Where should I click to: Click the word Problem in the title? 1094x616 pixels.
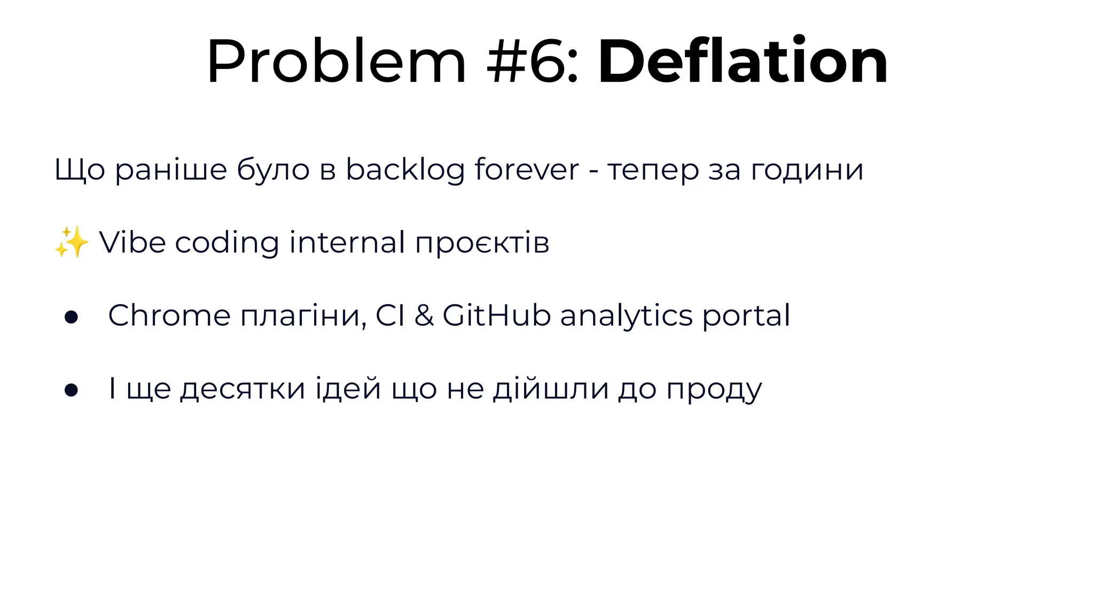(x=337, y=61)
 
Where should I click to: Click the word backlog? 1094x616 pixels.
(x=405, y=170)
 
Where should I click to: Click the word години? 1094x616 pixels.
(x=807, y=170)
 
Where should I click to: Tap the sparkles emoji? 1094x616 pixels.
(x=72, y=242)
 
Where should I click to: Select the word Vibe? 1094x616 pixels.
(x=132, y=242)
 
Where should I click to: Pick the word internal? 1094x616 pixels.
(x=347, y=242)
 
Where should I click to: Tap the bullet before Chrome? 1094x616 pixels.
(x=71, y=317)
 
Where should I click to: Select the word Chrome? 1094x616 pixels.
(x=169, y=315)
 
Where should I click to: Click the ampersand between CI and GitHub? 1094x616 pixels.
(x=424, y=315)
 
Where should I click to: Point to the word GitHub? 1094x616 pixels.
(x=497, y=315)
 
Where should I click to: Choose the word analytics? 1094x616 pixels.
(x=626, y=316)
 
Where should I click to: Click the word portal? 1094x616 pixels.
(x=746, y=316)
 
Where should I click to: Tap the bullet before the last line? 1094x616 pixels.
(x=71, y=390)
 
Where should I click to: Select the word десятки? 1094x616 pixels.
(x=243, y=389)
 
